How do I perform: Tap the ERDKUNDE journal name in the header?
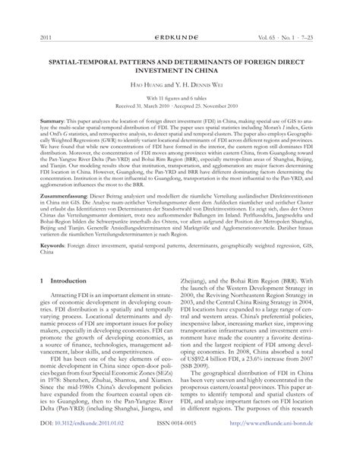[x=179, y=36]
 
